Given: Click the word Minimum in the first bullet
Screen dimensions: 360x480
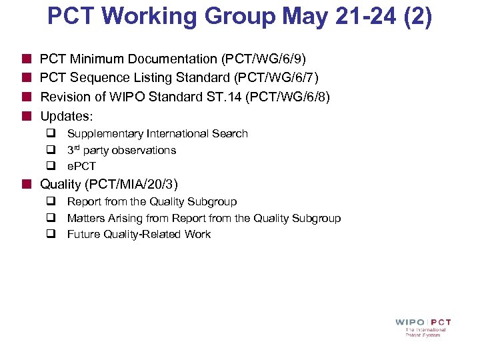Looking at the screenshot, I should tap(91, 60).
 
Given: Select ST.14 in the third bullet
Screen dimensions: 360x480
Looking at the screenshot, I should tap(226, 97).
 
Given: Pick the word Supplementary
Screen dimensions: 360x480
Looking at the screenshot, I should tap(103, 134).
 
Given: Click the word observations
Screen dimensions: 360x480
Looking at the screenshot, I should tap(144, 151).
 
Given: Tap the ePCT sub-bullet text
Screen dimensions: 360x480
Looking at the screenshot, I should tap(81, 167).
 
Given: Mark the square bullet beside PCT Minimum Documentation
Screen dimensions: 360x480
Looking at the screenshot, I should tap(27, 60).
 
